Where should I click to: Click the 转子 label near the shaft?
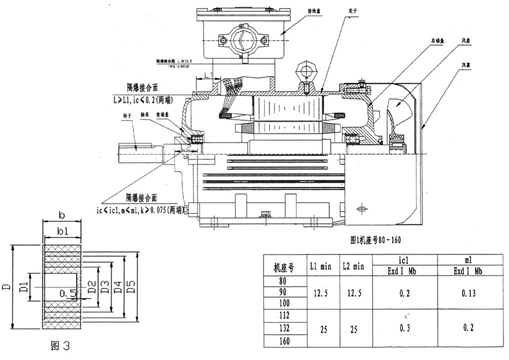[127, 115]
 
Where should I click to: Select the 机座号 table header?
[284, 267]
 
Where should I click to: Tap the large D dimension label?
[7, 284]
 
